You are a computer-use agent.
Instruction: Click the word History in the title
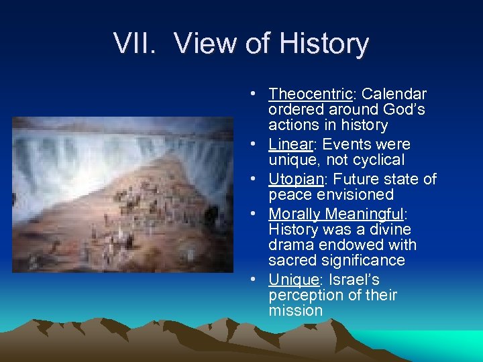click(x=323, y=44)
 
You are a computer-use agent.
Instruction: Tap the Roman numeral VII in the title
click(x=135, y=44)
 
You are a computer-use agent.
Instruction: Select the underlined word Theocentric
click(x=310, y=95)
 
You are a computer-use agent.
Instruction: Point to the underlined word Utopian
click(x=295, y=180)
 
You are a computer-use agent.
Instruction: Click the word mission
click(x=295, y=311)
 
